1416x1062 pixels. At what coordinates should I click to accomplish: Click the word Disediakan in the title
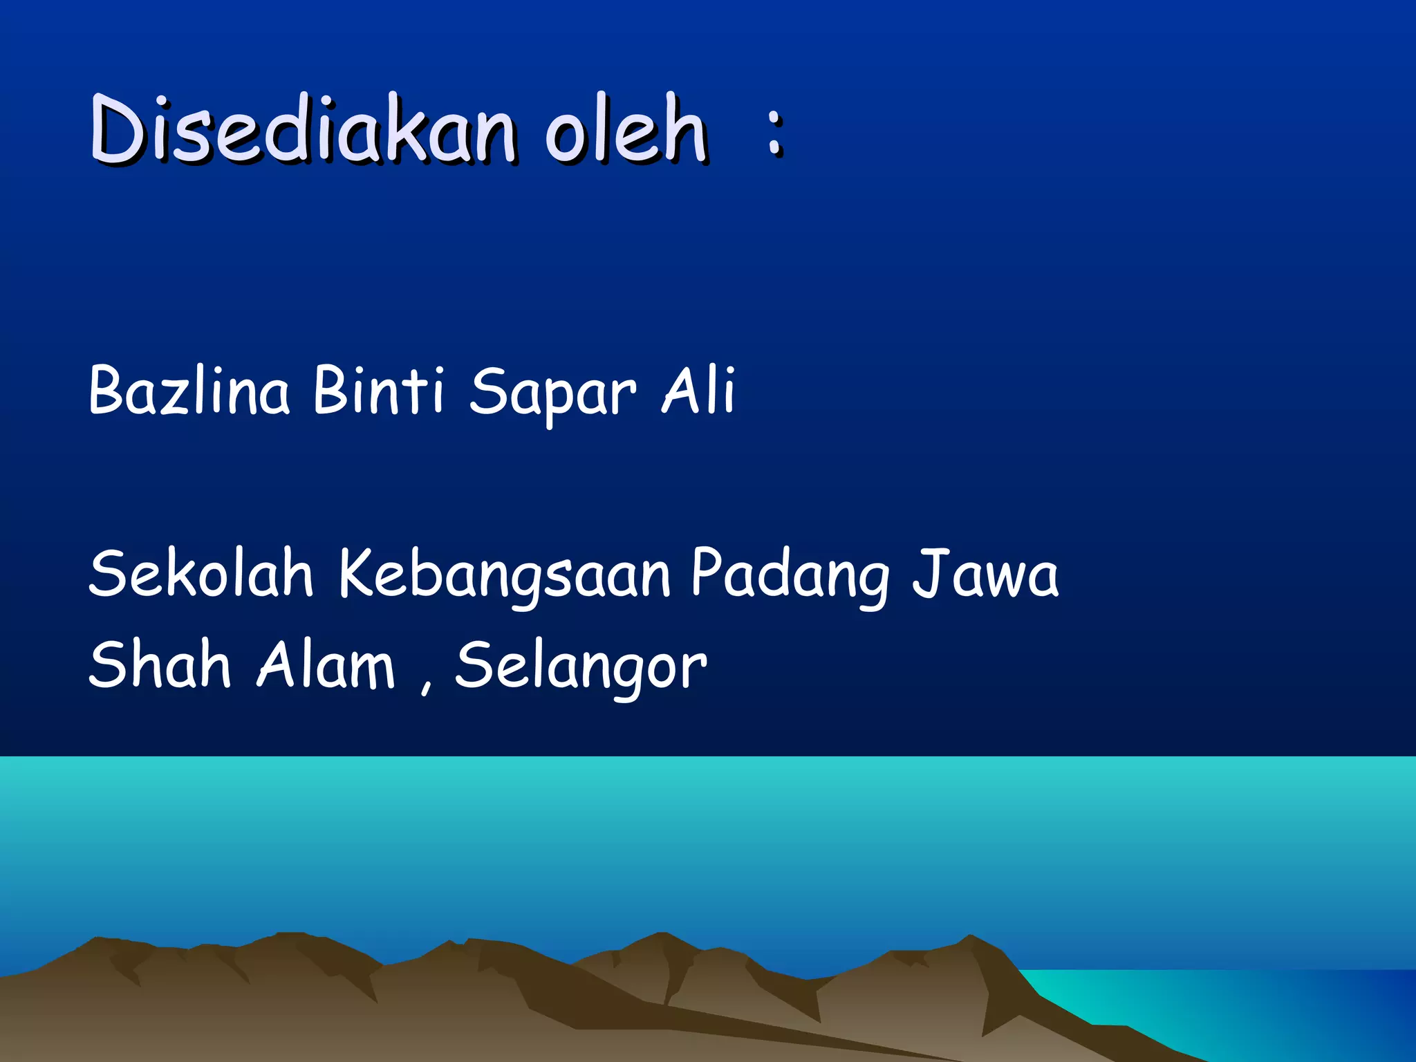point(303,130)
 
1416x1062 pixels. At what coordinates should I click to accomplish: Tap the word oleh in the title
point(626,130)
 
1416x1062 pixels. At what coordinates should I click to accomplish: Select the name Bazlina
point(189,391)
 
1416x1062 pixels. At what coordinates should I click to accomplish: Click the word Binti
point(378,391)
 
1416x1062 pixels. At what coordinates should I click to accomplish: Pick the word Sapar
point(552,394)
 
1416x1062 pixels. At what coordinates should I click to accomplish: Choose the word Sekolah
point(201,574)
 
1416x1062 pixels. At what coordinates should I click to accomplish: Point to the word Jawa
point(985,574)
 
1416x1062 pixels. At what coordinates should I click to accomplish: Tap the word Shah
point(159,664)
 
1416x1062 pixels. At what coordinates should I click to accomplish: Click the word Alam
point(326,664)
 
